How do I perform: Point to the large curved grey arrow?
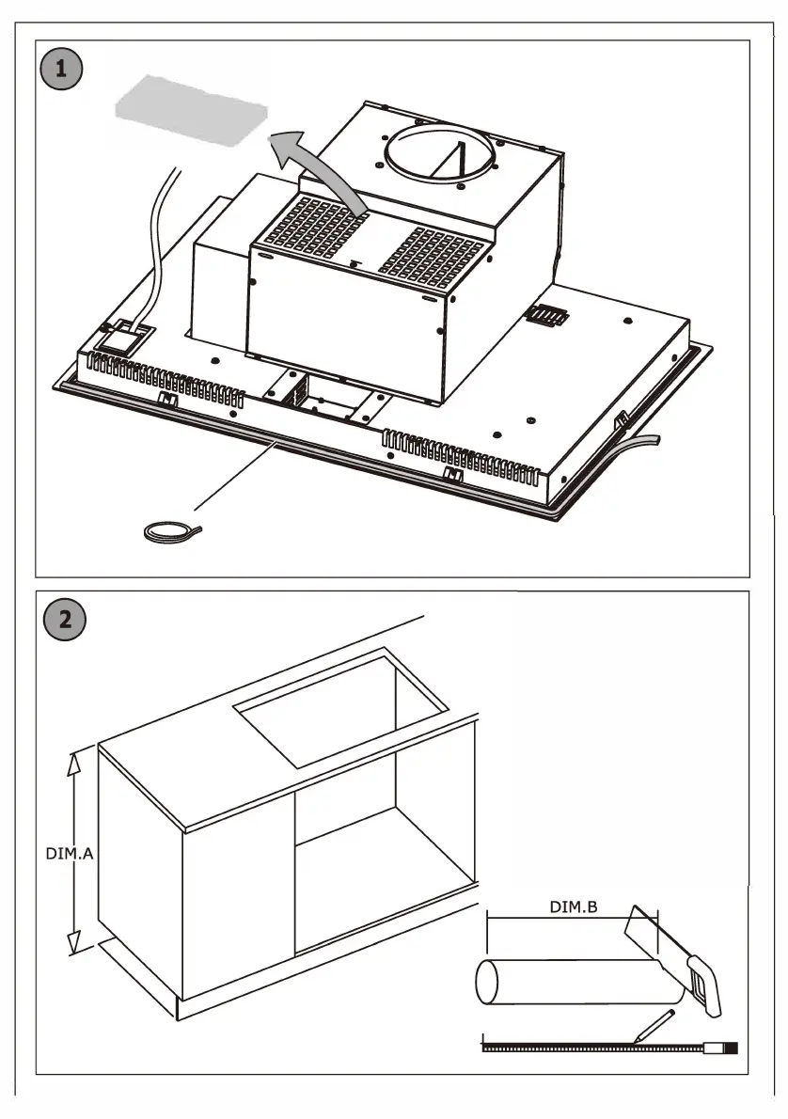tap(319, 168)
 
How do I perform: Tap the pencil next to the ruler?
tap(654, 1025)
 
